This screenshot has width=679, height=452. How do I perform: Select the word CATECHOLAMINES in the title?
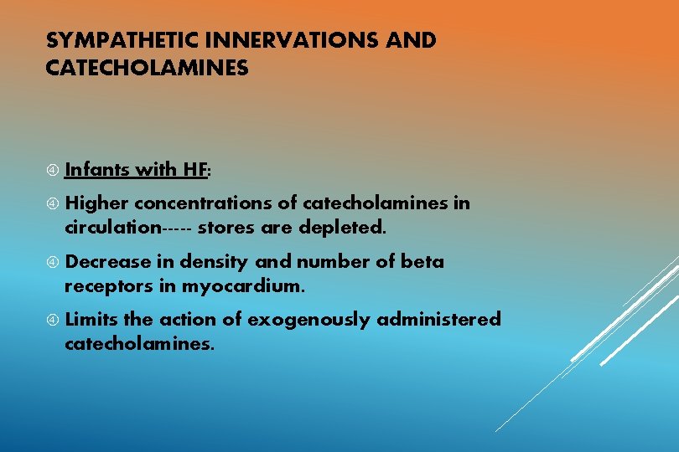click(x=148, y=68)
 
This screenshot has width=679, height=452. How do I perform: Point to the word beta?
click(x=422, y=262)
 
